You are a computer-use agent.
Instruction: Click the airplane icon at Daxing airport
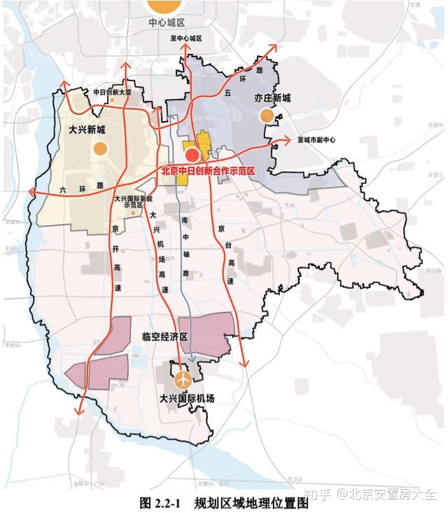(184, 380)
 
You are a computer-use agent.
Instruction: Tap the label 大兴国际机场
(186, 398)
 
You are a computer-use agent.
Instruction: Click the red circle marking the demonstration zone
(192, 155)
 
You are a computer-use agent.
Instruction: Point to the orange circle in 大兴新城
(101, 148)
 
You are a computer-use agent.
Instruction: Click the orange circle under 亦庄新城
(266, 116)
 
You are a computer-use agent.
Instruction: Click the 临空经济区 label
(165, 337)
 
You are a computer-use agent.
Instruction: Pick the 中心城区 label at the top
(166, 22)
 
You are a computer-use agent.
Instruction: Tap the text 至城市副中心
(316, 140)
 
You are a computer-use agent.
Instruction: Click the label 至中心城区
(185, 39)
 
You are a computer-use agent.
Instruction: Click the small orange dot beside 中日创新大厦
(112, 100)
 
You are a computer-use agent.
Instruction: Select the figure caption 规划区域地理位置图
(252, 502)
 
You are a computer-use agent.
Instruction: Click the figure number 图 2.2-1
(160, 502)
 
